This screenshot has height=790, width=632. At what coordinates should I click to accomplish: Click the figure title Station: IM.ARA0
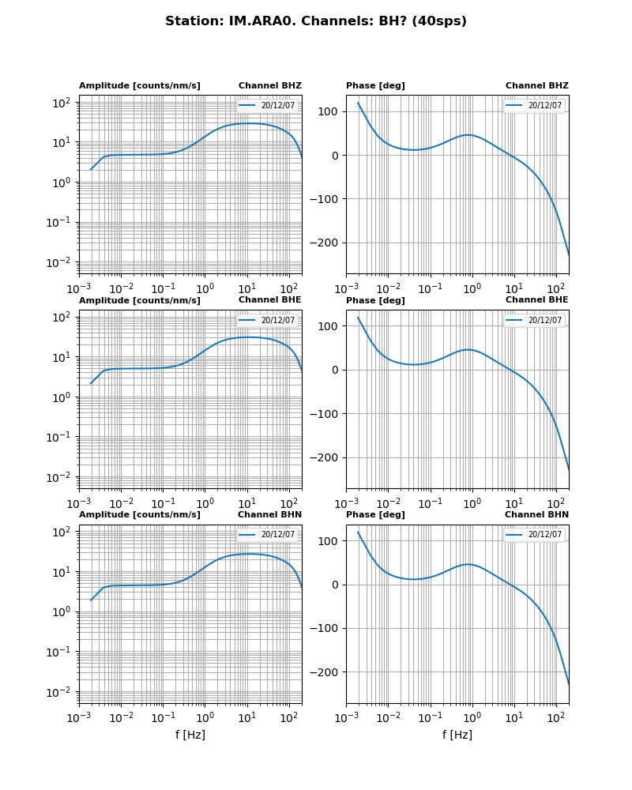point(315,21)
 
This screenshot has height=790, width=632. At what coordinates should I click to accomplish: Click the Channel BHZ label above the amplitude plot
point(269,85)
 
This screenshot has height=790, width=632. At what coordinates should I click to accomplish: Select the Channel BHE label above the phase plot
point(536,299)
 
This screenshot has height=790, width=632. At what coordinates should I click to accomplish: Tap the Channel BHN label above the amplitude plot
point(269,514)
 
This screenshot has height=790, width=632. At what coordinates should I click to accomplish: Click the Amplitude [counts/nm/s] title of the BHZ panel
point(140,85)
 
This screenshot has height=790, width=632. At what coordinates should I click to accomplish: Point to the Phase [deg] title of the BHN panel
point(375,514)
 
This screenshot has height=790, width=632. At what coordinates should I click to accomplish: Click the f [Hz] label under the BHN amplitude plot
point(190,735)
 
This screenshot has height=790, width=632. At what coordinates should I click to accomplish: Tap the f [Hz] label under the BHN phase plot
point(457,735)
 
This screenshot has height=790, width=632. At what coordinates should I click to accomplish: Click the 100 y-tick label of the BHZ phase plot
point(329,111)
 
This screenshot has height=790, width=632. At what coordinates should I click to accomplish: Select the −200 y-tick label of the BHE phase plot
point(325,457)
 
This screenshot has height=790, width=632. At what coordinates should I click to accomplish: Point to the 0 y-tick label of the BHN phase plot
point(335,585)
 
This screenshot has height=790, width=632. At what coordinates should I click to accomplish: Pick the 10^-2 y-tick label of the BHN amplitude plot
point(62,692)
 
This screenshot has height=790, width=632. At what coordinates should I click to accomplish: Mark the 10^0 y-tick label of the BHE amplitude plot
point(63,397)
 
